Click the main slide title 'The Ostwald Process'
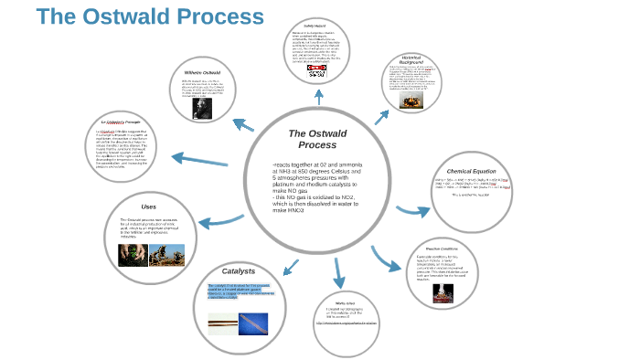point(149,17)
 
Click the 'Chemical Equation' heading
point(470,171)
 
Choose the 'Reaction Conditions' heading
point(442,249)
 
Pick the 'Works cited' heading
point(345,302)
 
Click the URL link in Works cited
point(346,323)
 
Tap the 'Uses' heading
point(148,206)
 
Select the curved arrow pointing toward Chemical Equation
point(411,212)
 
